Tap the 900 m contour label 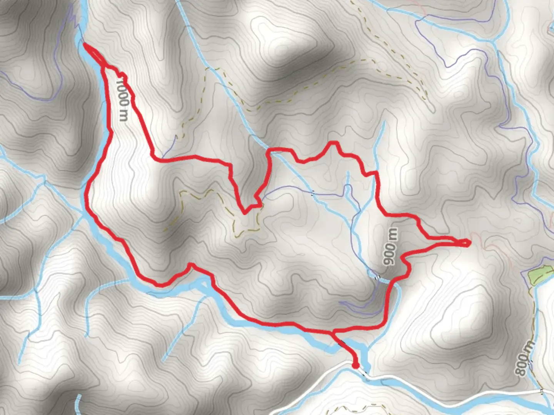[390, 246]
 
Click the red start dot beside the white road [355, 365]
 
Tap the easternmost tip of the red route [469, 242]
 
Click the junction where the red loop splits [333, 331]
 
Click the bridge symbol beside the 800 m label [531, 363]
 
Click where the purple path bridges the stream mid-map [312, 192]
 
